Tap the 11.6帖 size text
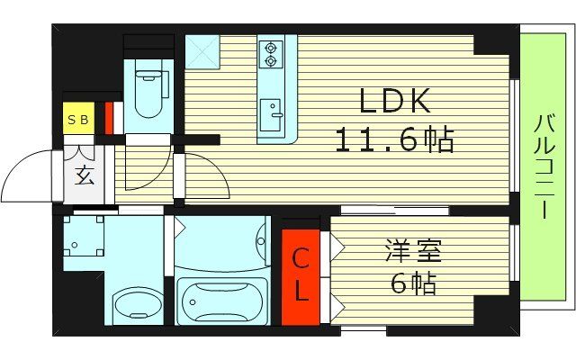pos(394,139)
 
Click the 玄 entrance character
pos(85,175)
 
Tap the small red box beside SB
pos(108,117)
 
